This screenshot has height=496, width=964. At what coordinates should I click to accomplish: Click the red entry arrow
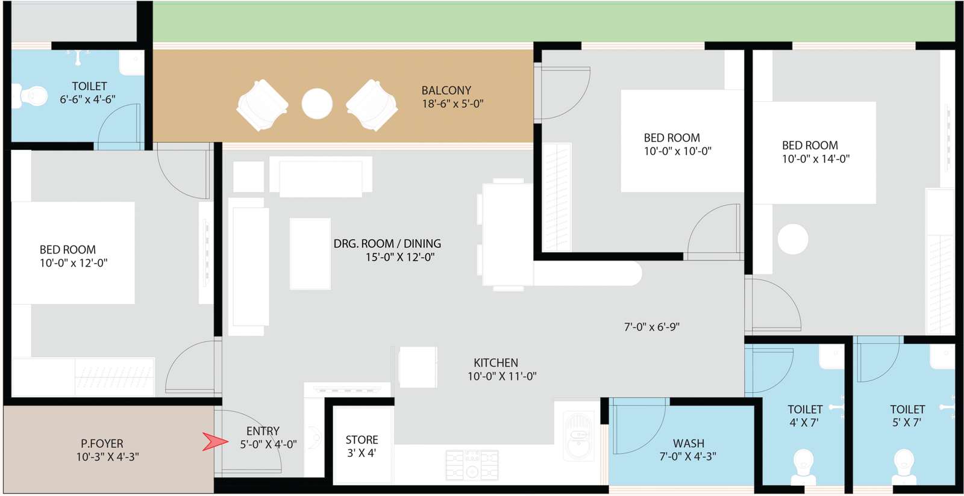pyautogui.click(x=215, y=441)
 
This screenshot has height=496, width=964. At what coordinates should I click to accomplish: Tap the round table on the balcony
pyautogui.click(x=317, y=104)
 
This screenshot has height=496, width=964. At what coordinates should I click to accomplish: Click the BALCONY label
pyautogui.click(x=446, y=91)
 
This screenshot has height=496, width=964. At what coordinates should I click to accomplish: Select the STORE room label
pyautogui.click(x=362, y=439)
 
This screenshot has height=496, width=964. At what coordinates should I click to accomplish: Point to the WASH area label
pyautogui.click(x=689, y=443)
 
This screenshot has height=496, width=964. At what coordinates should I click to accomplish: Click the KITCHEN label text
pyautogui.click(x=496, y=363)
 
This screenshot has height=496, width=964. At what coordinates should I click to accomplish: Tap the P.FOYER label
pyautogui.click(x=102, y=444)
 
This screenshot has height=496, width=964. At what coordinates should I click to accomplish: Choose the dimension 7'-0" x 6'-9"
pyautogui.click(x=651, y=327)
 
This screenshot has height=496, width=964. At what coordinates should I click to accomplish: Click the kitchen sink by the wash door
pyautogui.click(x=579, y=436)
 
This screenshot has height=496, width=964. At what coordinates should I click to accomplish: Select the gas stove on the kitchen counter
pyautogui.click(x=472, y=465)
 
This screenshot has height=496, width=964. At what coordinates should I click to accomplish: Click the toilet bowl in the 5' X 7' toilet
pyautogui.click(x=904, y=467)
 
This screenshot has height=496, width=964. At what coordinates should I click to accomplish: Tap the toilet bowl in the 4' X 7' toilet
pyautogui.click(x=804, y=467)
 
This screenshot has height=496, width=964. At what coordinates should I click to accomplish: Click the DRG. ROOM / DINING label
pyautogui.click(x=387, y=244)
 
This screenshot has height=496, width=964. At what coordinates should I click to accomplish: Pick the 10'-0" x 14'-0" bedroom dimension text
pyautogui.click(x=816, y=159)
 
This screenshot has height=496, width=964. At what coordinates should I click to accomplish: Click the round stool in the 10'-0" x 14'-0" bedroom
pyautogui.click(x=793, y=240)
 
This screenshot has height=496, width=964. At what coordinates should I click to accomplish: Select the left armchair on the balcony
pyautogui.click(x=262, y=105)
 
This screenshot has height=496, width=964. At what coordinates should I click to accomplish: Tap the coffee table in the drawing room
pyautogui.click(x=310, y=253)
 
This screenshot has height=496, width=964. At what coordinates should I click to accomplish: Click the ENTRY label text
pyautogui.click(x=263, y=431)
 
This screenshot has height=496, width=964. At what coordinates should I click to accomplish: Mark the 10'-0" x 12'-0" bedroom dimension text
pyautogui.click(x=74, y=263)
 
